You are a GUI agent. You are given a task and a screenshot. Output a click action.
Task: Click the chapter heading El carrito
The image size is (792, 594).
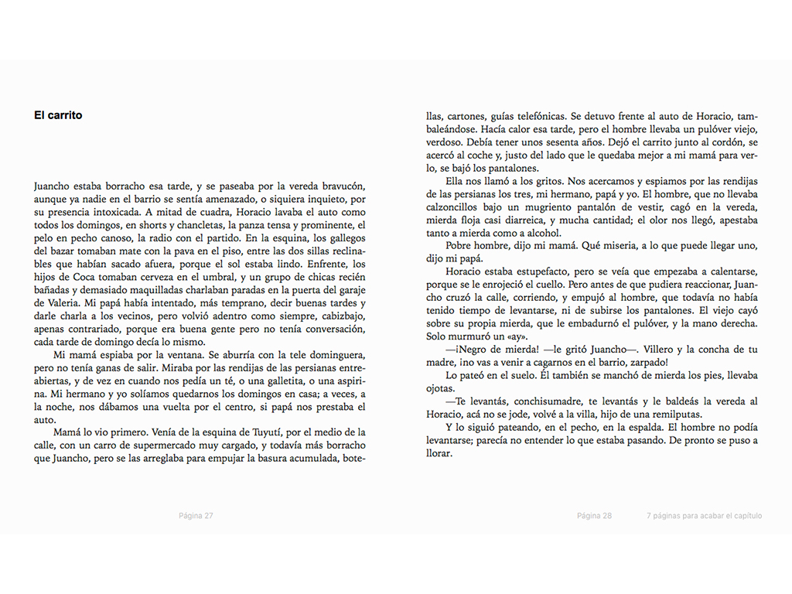(58, 115)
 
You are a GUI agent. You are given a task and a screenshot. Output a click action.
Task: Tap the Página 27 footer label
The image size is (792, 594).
(196, 516)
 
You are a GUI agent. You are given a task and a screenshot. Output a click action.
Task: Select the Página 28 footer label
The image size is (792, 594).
(594, 516)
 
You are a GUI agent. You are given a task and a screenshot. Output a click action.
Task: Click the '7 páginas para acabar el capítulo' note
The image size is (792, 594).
(704, 516)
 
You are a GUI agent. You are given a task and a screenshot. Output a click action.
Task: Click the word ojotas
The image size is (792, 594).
(440, 388)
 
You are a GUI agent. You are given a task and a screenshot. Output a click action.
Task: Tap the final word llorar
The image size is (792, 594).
(439, 454)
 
